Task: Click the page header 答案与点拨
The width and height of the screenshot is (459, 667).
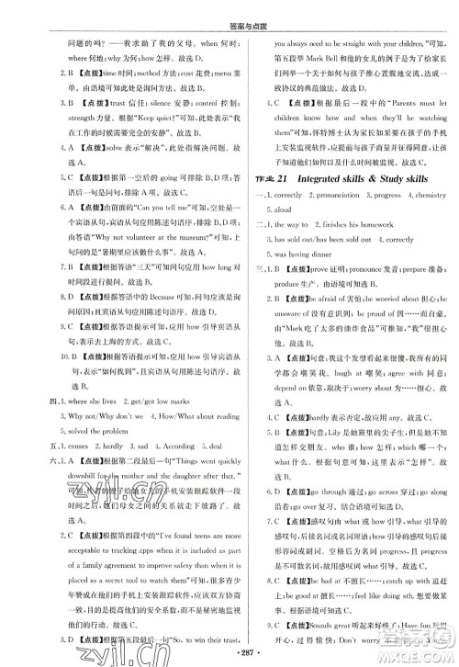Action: [x=229, y=11]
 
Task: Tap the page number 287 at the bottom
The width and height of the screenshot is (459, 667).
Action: [x=229, y=653]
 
